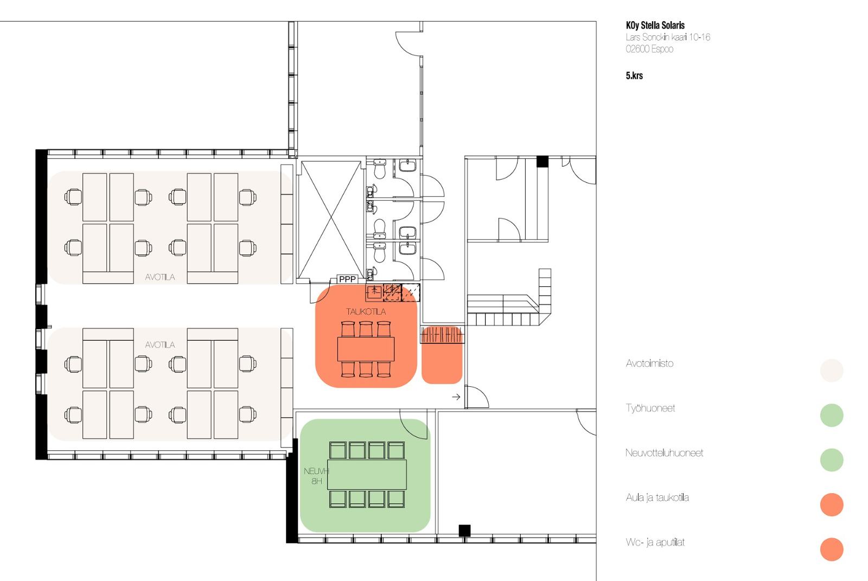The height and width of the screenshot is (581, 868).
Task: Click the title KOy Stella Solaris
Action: click(655, 25)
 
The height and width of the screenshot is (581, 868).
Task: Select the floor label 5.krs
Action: click(634, 75)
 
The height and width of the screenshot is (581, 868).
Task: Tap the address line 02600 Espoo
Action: click(649, 49)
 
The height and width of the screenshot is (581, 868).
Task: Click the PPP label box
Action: click(347, 279)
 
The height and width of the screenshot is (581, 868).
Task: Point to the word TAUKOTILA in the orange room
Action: click(366, 311)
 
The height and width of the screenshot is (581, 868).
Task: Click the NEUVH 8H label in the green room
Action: click(316, 476)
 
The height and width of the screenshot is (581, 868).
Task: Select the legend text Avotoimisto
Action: click(649, 363)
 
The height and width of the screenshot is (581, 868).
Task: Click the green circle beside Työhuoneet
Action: click(832, 415)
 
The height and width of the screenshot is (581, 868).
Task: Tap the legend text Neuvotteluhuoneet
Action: click(664, 453)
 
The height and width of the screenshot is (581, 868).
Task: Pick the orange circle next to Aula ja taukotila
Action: click(832, 505)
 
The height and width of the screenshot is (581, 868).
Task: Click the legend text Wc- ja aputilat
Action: click(655, 542)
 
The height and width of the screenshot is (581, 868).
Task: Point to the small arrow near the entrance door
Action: click(456, 397)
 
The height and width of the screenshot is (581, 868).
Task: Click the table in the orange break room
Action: click(366, 349)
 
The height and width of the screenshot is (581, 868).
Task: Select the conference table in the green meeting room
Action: click(367, 475)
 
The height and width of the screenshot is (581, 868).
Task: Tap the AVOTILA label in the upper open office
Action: click(159, 277)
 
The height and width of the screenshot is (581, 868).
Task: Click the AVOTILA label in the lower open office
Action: click(159, 345)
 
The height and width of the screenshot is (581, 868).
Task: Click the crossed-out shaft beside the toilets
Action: click(330, 220)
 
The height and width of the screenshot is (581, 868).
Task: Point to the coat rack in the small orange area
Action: click(442, 335)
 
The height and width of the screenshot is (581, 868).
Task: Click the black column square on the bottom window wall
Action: click(464, 531)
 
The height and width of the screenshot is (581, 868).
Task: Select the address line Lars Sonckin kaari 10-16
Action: click(668, 37)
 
